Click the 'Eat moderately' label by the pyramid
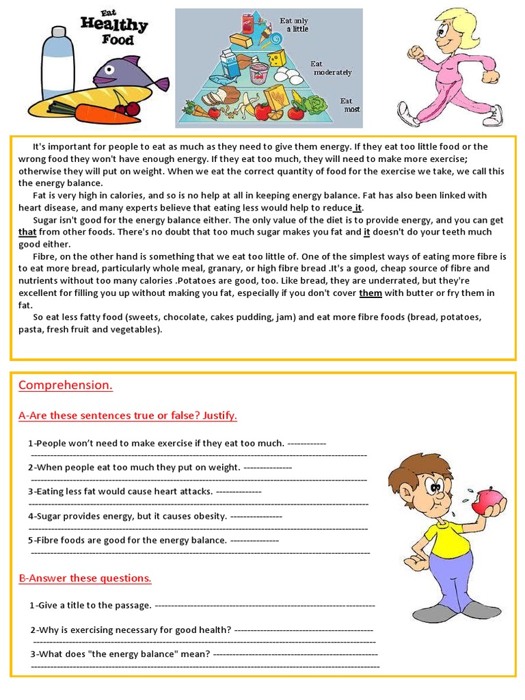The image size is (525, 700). coord(331,68)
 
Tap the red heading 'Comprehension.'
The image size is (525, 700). coord(66,386)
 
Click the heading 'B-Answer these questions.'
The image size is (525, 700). coord(85,578)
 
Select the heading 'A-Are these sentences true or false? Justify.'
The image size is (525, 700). coord(128,416)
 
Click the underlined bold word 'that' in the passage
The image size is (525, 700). coord(27,232)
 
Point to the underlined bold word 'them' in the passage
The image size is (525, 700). coord(371,293)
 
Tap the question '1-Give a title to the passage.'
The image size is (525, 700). coord(90,606)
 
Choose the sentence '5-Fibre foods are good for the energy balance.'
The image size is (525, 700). coord(127,541)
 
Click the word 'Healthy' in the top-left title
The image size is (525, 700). coord(114,25)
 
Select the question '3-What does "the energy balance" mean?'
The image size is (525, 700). coord(120,654)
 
